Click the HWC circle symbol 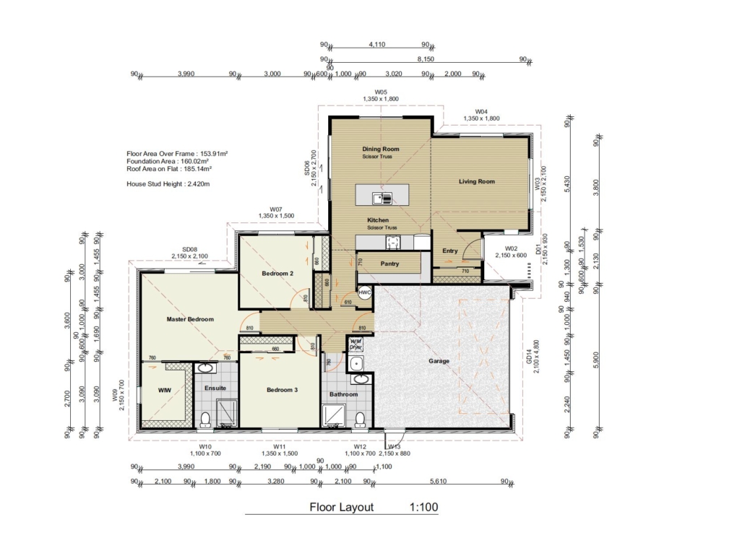pyautogui.click(x=365, y=292)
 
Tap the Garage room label pyautogui.click(x=439, y=361)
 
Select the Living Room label pyautogui.click(x=477, y=181)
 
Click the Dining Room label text pyautogui.click(x=381, y=149)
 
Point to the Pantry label pyautogui.click(x=389, y=264)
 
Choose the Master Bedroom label pyautogui.click(x=190, y=318)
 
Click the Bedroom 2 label pyautogui.click(x=277, y=274)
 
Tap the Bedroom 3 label pyautogui.click(x=282, y=390)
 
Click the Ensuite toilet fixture pyautogui.click(x=204, y=418)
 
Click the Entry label pyautogui.click(x=450, y=251)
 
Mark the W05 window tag pyautogui.click(x=381, y=92)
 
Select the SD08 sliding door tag pyautogui.click(x=189, y=249)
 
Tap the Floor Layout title pyautogui.click(x=342, y=507)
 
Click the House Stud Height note pyautogui.click(x=168, y=184)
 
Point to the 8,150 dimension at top pyautogui.click(x=426, y=59)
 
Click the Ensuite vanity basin pyautogui.click(x=206, y=368)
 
